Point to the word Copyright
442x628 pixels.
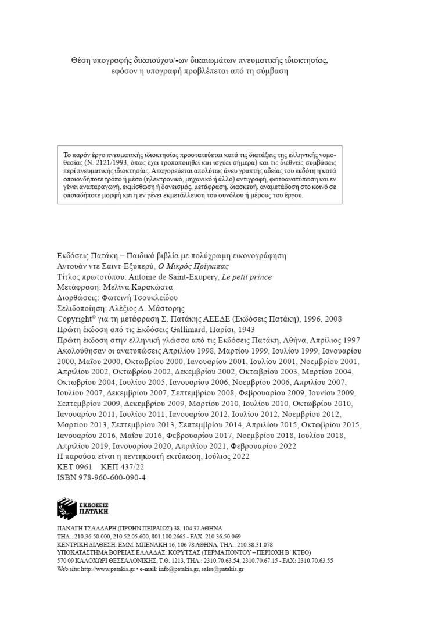[75, 319]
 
